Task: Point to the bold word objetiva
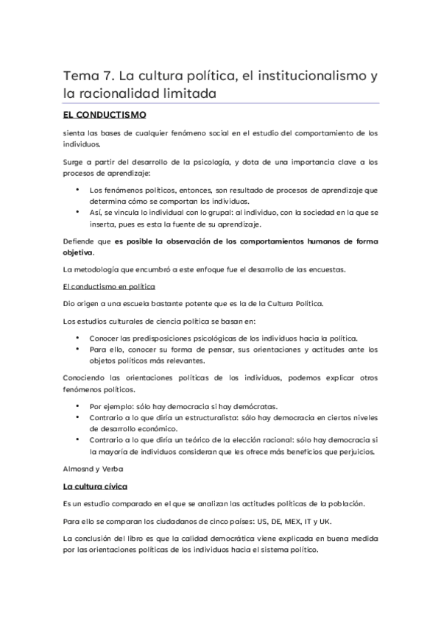point(79,253)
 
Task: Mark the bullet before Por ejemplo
point(78,405)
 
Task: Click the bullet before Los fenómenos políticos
point(78,190)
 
